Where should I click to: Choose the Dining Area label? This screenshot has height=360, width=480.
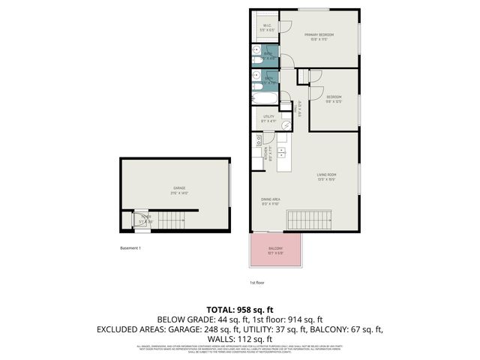[270, 202]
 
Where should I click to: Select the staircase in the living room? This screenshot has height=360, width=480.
[309, 220]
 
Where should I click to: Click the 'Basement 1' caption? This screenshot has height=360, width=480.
[130, 248]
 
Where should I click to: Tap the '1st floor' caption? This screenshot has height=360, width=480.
[256, 283]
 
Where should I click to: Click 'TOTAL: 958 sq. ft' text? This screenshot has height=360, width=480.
[239, 310]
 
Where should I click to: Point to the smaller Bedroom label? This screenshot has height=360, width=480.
[334, 98]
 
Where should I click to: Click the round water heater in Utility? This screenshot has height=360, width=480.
[286, 125]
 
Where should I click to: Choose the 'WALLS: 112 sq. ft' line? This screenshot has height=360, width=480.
[239, 338]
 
